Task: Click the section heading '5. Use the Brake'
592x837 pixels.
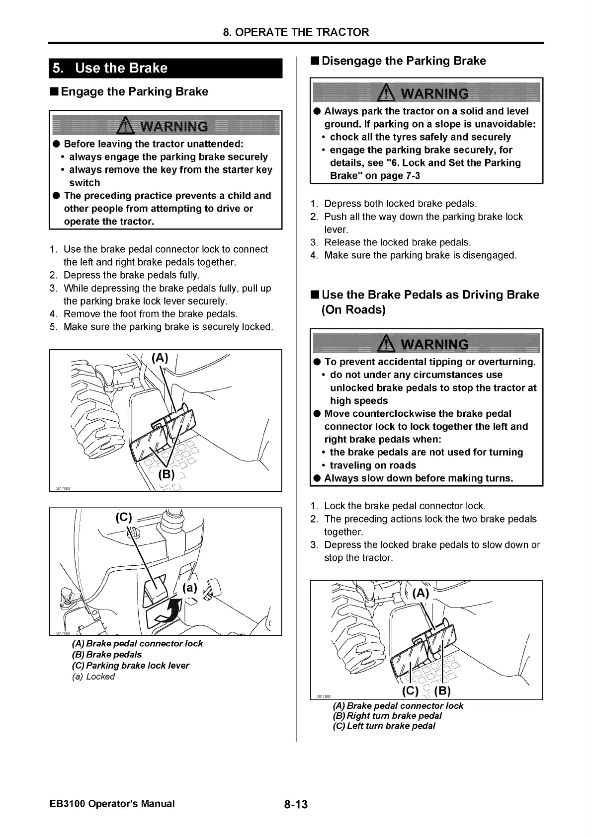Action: [110, 68]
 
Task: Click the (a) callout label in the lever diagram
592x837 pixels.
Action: [190, 589]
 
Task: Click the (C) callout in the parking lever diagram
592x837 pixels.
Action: [124, 518]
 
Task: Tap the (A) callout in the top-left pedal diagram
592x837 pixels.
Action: [160, 358]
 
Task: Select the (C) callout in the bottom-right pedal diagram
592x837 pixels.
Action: [410, 691]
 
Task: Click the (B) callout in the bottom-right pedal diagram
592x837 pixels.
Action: [442, 691]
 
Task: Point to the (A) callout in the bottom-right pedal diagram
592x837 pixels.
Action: [420, 593]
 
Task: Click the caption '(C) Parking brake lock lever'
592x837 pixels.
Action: [131, 666]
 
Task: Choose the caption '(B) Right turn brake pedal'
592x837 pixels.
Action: [387, 716]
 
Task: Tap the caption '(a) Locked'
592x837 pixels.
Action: [93, 677]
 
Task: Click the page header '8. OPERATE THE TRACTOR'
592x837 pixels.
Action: [296, 32]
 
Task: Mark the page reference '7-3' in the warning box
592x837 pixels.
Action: [410, 176]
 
